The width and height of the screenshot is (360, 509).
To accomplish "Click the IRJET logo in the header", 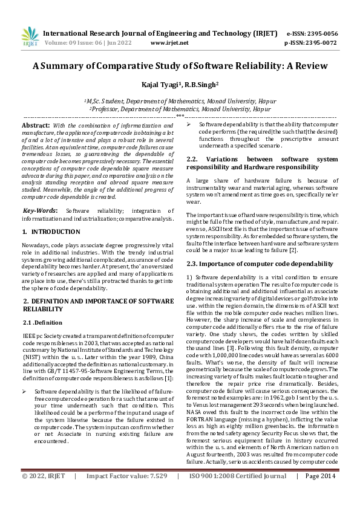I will pyautogui.click(x=25, y=37).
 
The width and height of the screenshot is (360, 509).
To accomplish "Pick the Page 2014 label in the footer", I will pyautogui.click(x=320, y=493).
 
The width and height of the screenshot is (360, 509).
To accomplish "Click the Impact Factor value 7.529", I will pyautogui.click(x=155, y=493).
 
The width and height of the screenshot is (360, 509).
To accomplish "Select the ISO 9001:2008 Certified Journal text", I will pyautogui.click(x=238, y=493).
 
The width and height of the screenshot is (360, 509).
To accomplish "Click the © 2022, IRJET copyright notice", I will pyautogui.click(x=44, y=493).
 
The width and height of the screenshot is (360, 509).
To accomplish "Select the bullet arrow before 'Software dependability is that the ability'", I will pyautogui.click(x=189, y=124).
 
